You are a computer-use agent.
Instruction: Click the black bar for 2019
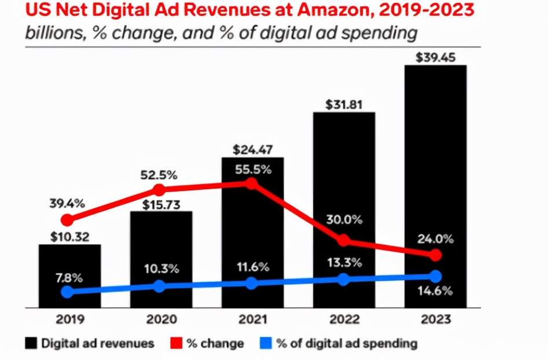70,276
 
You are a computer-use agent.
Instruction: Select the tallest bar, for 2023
436,186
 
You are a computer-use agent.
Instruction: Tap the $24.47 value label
253,150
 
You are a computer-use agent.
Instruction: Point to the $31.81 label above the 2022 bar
344,105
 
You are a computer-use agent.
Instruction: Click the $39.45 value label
436,57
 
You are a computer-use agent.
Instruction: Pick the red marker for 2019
68,220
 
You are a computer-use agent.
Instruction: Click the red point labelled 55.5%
251,183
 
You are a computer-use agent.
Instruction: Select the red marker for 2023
436,255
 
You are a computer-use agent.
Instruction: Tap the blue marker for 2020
159,286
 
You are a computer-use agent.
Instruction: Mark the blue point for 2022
344,280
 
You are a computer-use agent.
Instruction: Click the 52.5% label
159,175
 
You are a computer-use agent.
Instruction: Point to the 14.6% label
435,291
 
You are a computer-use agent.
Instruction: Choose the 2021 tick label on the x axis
253,319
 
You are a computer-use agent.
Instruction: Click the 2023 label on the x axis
436,319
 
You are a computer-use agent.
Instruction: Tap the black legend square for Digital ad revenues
31,343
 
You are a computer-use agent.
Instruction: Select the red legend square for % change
176,343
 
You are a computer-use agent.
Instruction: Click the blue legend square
266,343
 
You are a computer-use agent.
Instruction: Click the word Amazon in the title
334,10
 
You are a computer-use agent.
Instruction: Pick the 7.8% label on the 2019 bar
69,278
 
